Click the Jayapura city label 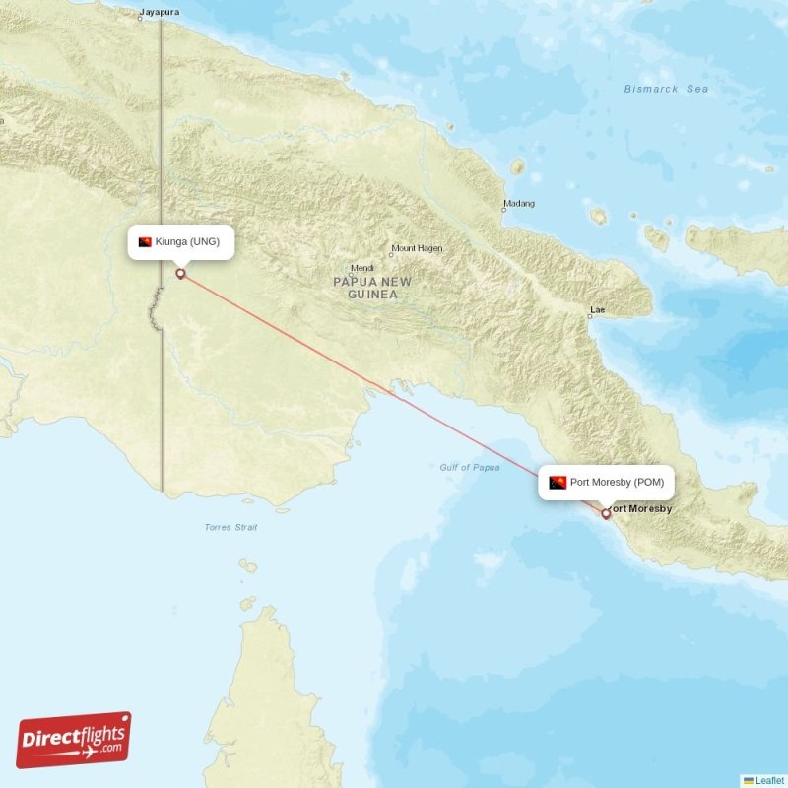[160, 13]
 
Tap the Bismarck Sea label [666, 89]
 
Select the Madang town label [519, 205]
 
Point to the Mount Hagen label [418, 248]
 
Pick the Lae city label [597, 309]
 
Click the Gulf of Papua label [470, 467]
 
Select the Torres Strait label [230, 528]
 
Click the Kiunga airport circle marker [180, 274]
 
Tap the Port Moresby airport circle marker [606, 513]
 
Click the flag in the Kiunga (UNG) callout [145, 242]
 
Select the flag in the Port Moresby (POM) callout [558, 483]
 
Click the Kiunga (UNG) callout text [187, 242]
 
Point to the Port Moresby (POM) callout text [618, 483]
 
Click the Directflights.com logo [74, 740]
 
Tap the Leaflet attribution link [769, 780]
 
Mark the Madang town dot [503, 210]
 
